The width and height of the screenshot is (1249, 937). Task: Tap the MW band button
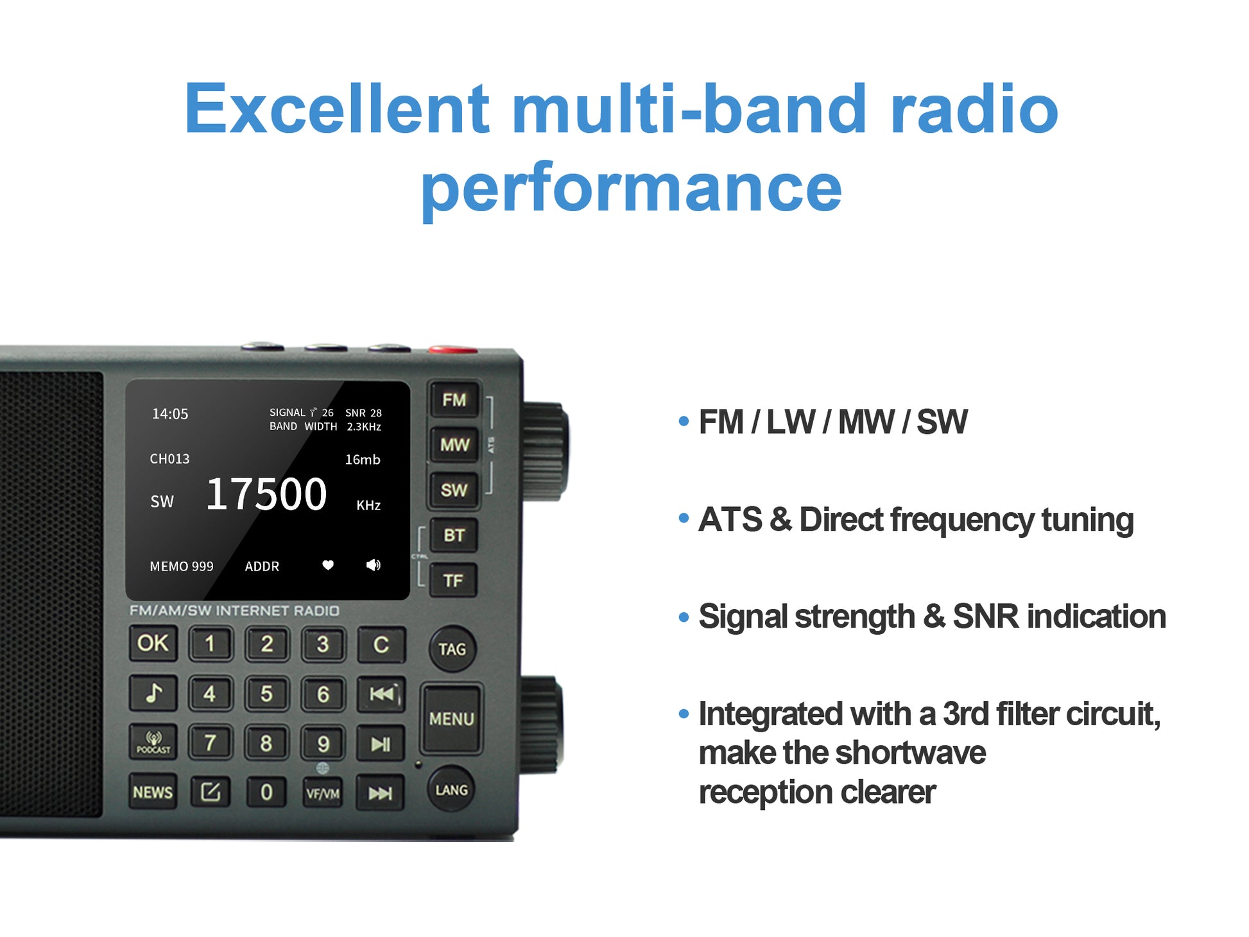tap(454, 445)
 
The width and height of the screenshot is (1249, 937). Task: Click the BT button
tap(454, 535)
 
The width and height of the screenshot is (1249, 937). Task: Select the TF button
tap(453, 581)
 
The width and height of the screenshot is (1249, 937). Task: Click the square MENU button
tap(452, 719)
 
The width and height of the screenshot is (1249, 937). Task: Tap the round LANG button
tap(452, 790)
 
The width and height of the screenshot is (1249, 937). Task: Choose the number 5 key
tap(266, 694)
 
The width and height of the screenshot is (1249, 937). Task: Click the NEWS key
tap(153, 793)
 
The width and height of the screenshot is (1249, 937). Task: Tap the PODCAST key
tap(153, 743)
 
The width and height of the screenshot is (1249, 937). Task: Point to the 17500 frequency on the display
tap(266, 494)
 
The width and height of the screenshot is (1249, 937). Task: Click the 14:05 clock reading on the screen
tap(170, 414)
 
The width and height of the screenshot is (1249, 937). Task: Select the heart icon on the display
tap(328, 565)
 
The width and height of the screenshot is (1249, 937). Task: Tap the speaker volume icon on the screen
tap(373, 565)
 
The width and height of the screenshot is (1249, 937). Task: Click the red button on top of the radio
tap(453, 350)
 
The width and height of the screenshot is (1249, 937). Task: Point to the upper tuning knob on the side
tap(545, 451)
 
